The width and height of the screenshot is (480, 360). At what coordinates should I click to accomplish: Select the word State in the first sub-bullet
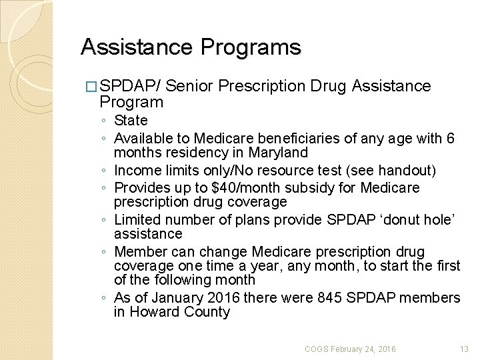[131, 121]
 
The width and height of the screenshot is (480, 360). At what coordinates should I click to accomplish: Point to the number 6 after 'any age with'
[451, 138]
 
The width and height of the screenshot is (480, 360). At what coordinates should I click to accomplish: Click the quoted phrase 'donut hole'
[415, 219]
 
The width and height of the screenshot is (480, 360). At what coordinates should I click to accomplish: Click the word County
[207, 312]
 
